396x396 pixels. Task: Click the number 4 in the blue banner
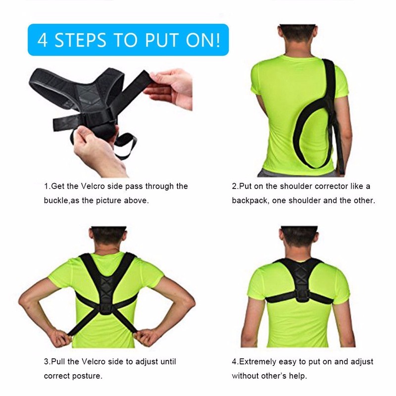(43, 40)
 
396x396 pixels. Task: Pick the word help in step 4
(297, 376)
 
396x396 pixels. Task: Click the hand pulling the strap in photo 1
(168, 87)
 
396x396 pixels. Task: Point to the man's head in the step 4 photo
(298, 240)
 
